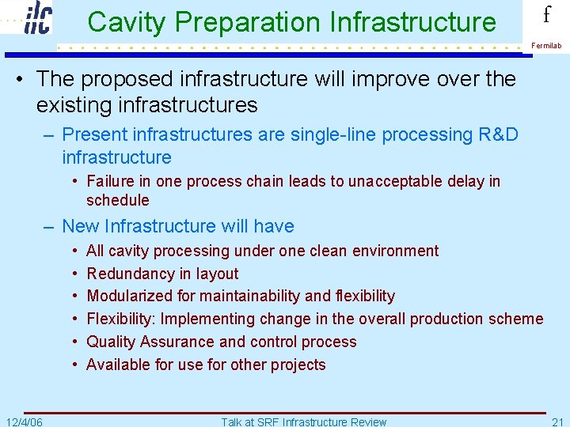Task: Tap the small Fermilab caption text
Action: pyautogui.click(x=546, y=46)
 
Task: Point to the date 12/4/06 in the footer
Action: pyautogui.click(x=24, y=421)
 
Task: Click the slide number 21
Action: pyautogui.click(x=557, y=421)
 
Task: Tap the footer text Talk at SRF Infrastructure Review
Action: pyautogui.click(x=304, y=421)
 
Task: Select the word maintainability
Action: pyautogui.click(x=252, y=296)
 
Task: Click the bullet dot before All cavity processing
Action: pyautogui.click(x=74, y=251)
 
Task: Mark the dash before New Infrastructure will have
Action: pyautogui.click(x=49, y=226)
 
